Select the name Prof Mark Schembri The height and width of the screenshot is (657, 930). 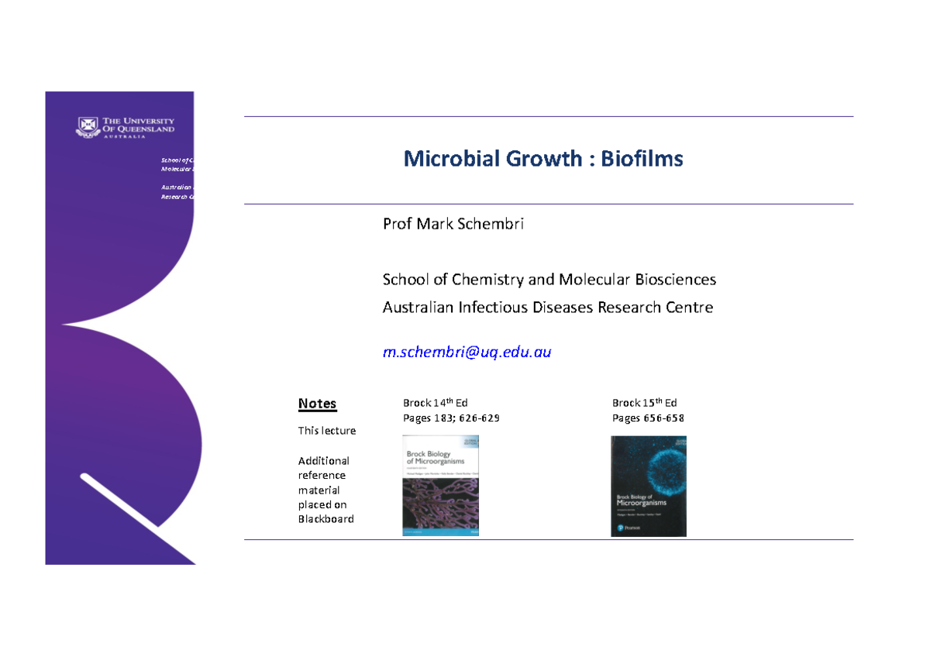click(453, 224)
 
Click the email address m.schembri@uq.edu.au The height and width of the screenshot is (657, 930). click(467, 352)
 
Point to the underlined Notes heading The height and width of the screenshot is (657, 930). click(317, 404)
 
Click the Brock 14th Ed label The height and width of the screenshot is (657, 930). click(435, 403)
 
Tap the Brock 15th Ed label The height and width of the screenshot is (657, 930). click(644, 403)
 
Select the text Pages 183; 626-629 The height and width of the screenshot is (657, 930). click(451, 418)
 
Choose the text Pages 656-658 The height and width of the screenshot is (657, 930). click(648, 418)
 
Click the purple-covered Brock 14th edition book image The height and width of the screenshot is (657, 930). click(441, 486)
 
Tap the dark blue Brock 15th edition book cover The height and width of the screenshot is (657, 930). click(649, 486)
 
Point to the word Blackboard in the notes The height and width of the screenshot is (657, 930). click(325, 519)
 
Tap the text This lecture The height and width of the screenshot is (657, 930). click(327, 431)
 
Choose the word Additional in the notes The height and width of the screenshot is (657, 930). click(324, 460)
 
